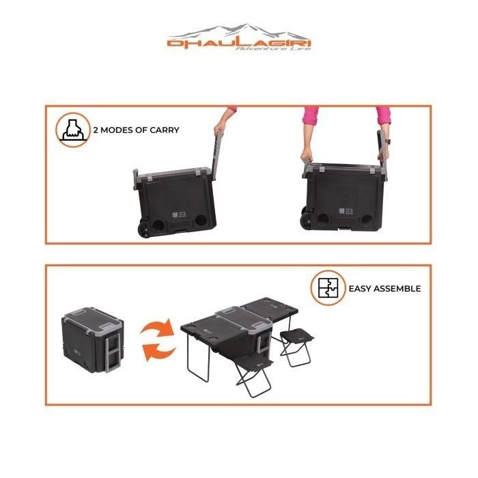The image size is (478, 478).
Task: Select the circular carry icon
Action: click(x=73, y=130)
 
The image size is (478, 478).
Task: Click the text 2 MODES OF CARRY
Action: click(x=137, y=130)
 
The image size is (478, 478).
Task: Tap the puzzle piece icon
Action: click(x=327, y=288)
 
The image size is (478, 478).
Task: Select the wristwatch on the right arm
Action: click(x=386, y=141)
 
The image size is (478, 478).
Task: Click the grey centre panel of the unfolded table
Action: click(x=236, y=315)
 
